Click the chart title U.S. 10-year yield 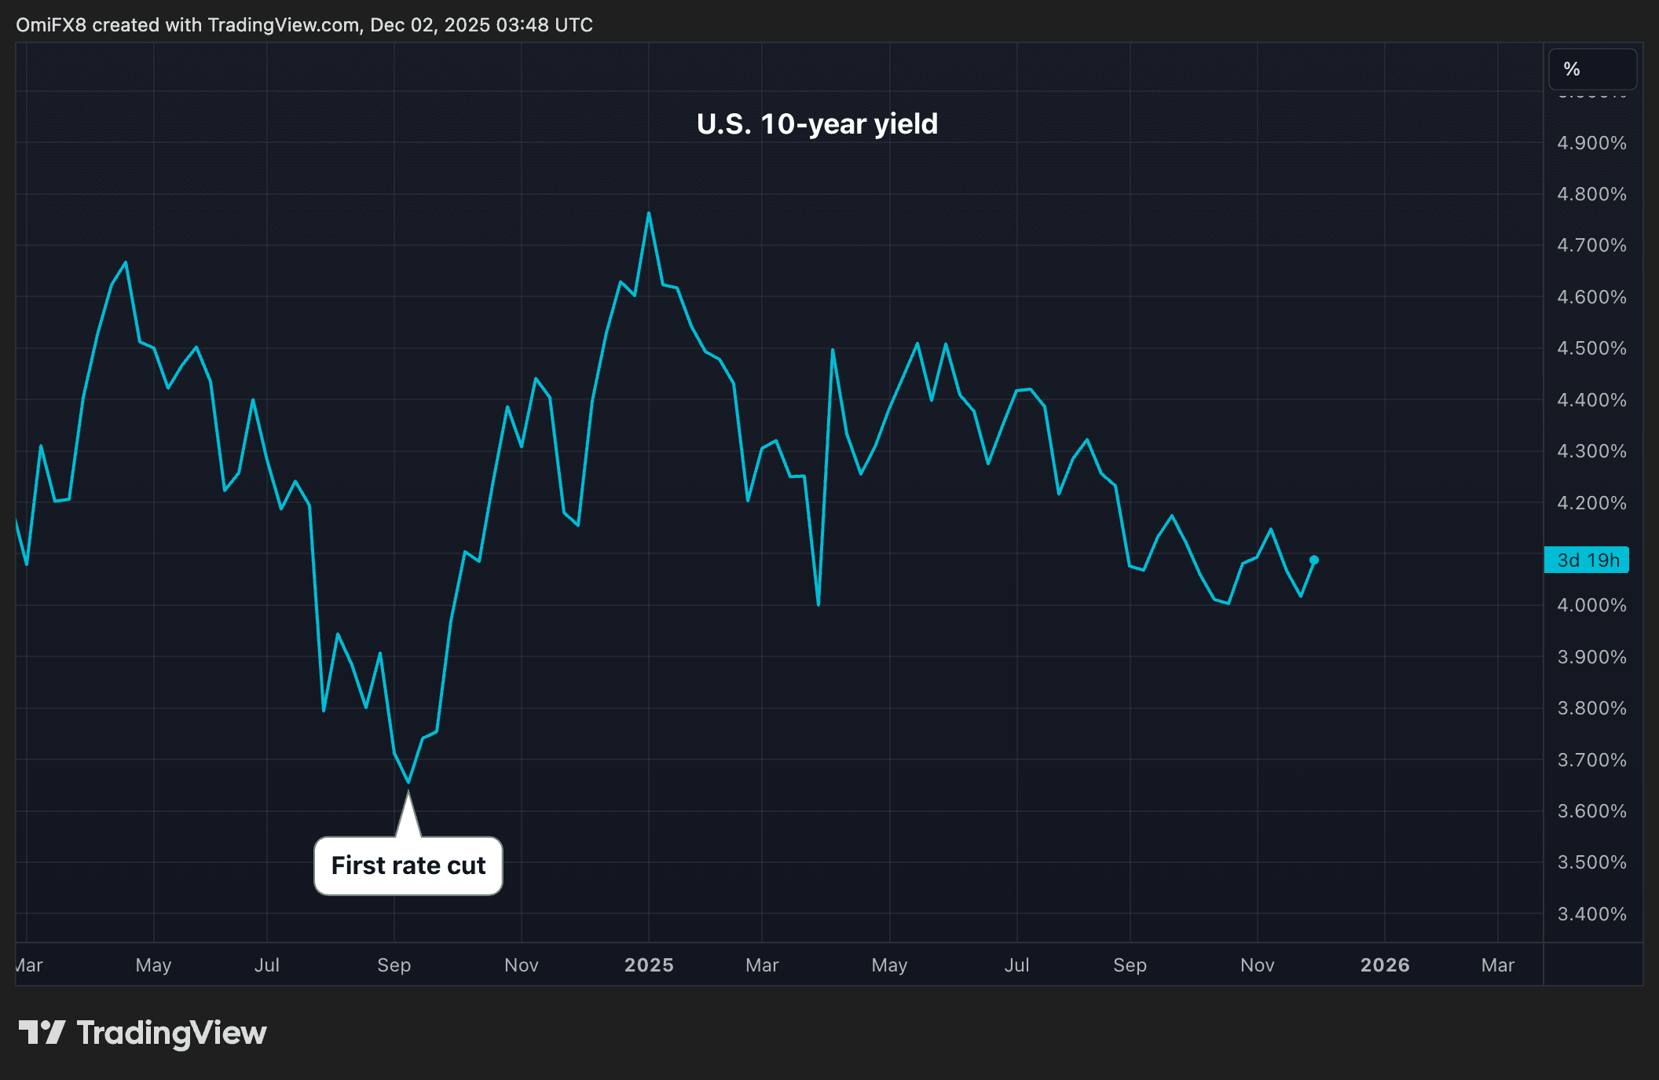(817, 124)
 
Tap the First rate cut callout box (408, 865)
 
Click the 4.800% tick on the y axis (1591, 194)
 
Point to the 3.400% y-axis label (1591, 914)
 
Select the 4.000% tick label (1591, 605)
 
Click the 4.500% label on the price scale (1591, 348)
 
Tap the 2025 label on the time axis (649, 965)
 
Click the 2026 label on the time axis (1385, 965)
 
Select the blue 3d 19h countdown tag (1587, 560)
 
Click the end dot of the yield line (1314, 560)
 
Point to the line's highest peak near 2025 (649, 213)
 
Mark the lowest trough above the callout (408, 782)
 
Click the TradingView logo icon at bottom (42, 1032)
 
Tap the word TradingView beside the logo (171, 1033)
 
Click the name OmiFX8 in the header (50, 25)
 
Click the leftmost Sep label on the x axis (394, 965)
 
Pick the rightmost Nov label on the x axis (1257, 965)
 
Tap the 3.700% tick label (1591, 760)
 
